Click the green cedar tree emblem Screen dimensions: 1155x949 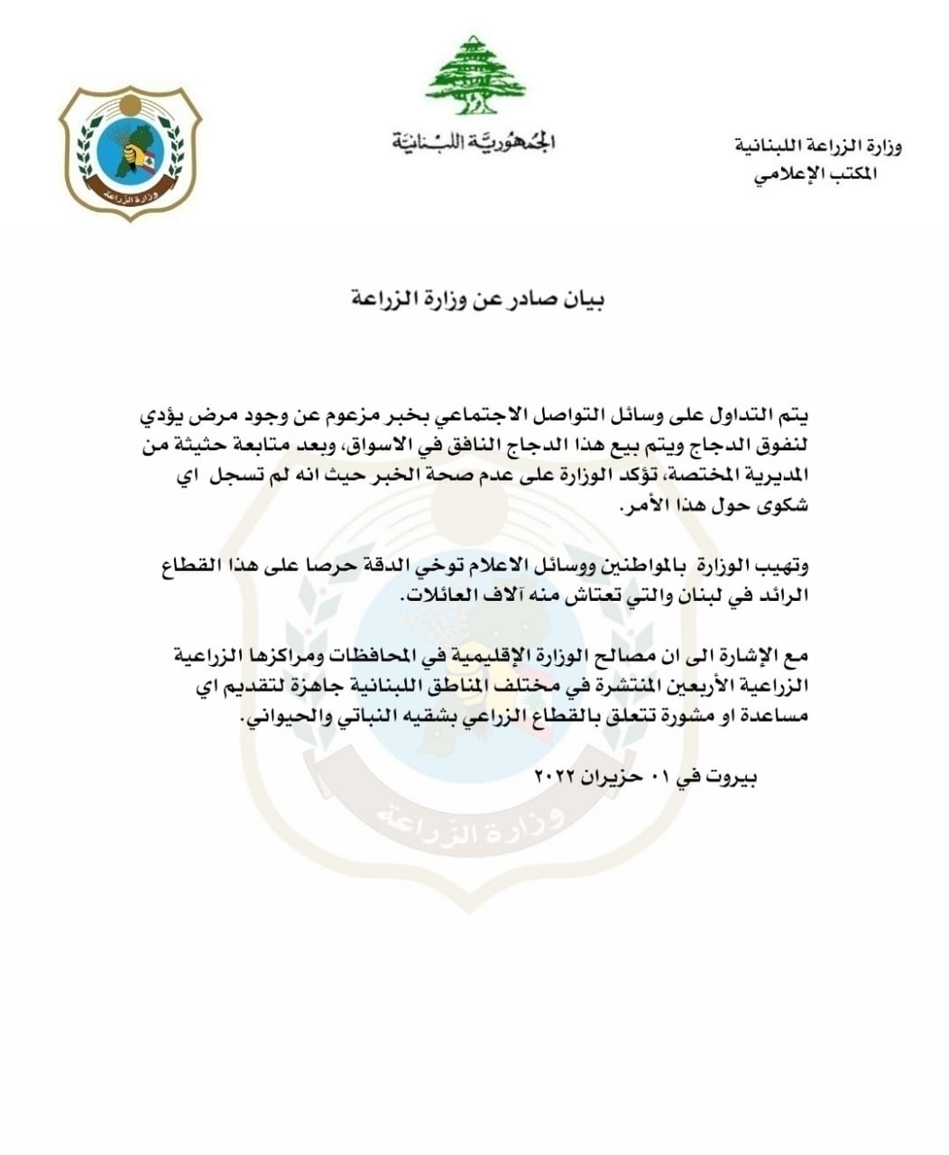click(x=475, y=76)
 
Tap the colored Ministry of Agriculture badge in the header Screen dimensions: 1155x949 click(x=130, y=152)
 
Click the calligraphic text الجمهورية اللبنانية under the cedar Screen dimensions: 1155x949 click(x=474, y=142)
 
